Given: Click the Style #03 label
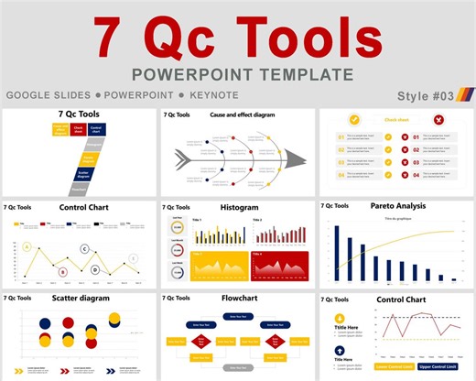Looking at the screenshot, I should [x=426, y=95].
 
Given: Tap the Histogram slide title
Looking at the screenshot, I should [x=239, y=208].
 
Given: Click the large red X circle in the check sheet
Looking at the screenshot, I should [x=438, y=119].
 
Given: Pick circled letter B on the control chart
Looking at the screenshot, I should [x=62, y=271].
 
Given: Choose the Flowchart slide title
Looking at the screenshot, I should [x=239, y=299].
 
